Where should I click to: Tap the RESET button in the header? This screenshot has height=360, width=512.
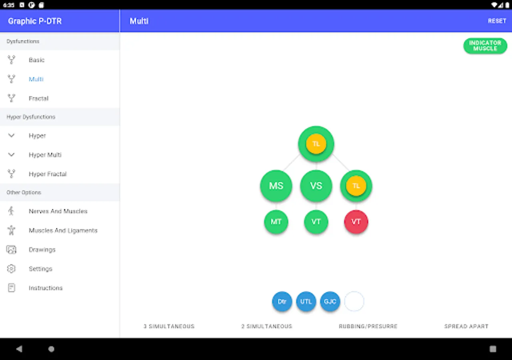point(497,21)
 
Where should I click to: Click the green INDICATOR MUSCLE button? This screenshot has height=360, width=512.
point(485,46)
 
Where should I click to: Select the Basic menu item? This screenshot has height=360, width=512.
point(36,60)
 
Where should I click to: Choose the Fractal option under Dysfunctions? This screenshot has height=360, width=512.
point(38,98)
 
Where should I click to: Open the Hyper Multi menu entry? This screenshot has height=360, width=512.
point(45,155)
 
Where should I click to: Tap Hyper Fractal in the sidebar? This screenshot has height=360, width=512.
point(48,174)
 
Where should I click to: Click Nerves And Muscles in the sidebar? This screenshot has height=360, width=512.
point(58,211)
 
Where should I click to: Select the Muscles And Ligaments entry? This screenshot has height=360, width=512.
point(63,230)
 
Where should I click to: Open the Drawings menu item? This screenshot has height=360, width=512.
point(42,250)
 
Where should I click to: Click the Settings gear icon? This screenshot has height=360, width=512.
point(11,269)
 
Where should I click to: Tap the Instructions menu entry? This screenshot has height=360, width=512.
point(46,288)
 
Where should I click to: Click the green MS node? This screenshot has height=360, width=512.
point(276,186)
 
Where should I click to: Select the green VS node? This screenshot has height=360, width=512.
point(316,186)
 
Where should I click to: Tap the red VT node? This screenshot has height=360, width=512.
point(356,222)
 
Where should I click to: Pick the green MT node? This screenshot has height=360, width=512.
point(276,222)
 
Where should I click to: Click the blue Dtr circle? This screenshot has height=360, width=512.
point(282,302)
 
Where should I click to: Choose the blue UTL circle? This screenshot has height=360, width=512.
point(306,302)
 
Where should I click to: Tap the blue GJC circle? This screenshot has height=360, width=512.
point(330,302)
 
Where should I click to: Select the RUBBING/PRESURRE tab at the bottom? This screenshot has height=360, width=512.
point(368,326)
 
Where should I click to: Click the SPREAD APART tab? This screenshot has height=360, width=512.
point(466,326)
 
